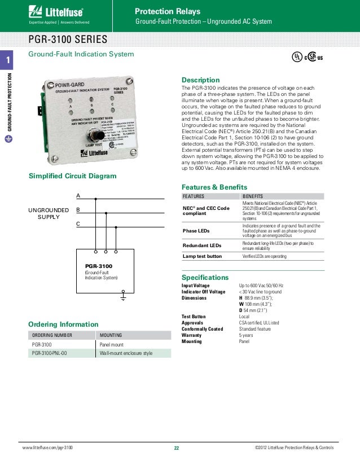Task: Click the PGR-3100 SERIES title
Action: pyautogui.click(x=68, y=39)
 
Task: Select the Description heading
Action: pyautogui.click(x=200, y=80)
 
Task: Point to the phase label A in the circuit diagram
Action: pyautogui.click(x=78, y=195)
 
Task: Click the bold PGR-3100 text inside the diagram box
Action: pyautogui.click(x=99, y=265)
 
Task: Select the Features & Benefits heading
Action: pyautogui.click(x=214, y=187)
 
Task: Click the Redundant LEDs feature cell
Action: pyautogui.click(x=201, y=245)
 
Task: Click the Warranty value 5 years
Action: pyautogui.click(x=246, y=335)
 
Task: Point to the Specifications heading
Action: pyautogui.click(x=205, y=278)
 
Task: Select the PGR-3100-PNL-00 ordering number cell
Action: pyautogui.click(x=50, y=353)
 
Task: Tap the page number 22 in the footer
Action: pyautogui.click(x=176, y=448)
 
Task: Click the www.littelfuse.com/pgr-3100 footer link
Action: pyautogui.click(x=47, y=448)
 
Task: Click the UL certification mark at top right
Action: pyautogui.click(x=295, y=58)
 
